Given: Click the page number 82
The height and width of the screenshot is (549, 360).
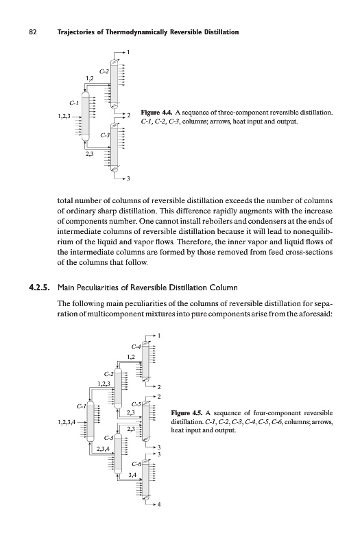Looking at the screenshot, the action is tap(33, 32).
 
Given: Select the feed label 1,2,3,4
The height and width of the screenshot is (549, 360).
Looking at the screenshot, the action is tap(67, 422).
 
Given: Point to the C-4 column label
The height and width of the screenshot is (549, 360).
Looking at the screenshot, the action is tap(136, 347).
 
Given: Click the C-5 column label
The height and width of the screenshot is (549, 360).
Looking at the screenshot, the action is tap(136, 404).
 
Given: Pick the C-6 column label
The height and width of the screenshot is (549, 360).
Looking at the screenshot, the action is tap(136, 465).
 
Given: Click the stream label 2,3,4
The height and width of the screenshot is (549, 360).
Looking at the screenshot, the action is tap(103, 449).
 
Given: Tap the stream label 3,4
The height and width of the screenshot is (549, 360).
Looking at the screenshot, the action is tap(132, 475).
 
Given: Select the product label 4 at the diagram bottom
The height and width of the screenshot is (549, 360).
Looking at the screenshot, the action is tap(159, 504).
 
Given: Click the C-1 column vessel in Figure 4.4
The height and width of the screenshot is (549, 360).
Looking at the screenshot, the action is tap(85, 116).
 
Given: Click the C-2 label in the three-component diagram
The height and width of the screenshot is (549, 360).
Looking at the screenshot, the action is tap(104, 71).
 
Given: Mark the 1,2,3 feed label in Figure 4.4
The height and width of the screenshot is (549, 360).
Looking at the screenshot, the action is tap(64, 116).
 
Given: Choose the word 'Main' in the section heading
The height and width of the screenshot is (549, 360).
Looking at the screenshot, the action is tap(65, 288).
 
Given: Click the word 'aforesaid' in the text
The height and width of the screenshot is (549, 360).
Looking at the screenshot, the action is tap(316, 314).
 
